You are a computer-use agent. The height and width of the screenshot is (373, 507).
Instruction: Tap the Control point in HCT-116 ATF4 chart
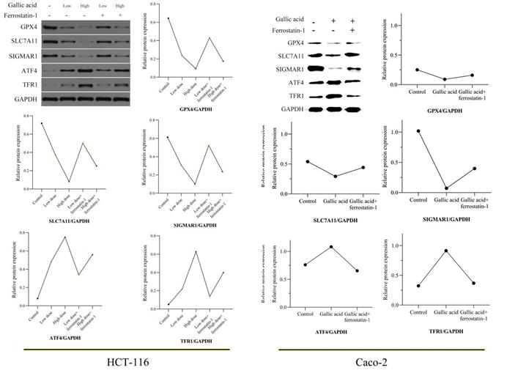coord(37,299)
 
